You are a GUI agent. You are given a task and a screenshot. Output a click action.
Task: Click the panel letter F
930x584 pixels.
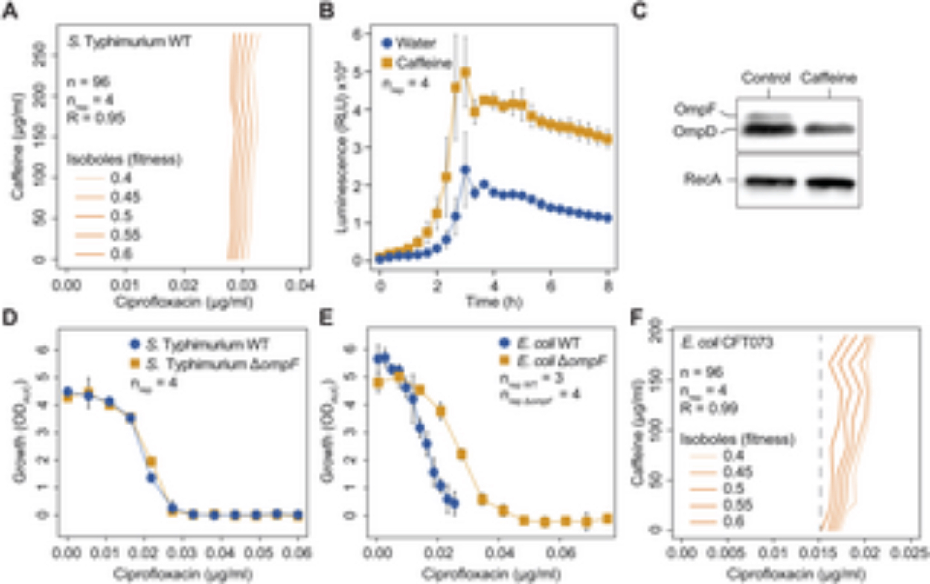click(x=636, y=318)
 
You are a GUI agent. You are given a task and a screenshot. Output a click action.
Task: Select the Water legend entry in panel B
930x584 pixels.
click(x=409, y=43)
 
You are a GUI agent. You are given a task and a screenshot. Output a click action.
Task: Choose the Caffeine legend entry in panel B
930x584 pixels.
click(x=417, y=63)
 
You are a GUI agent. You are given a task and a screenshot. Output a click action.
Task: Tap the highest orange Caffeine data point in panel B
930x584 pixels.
click(x=465, y=73)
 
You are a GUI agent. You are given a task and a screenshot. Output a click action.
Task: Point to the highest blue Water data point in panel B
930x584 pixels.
click(x=465, y=170)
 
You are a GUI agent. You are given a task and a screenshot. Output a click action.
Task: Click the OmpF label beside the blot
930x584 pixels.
click(x=694, y=110)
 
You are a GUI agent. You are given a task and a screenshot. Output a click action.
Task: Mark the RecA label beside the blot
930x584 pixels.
click(x=702, y=179)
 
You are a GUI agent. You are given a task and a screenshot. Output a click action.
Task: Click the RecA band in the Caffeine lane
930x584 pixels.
click(x=830, y=183)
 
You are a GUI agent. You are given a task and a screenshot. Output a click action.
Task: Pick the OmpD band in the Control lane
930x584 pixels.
click(x=768, y=129)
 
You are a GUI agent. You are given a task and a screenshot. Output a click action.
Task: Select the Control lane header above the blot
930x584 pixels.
click(x=765, y=78)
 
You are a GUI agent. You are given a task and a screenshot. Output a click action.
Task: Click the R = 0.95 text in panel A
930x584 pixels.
click(x=96, y=118)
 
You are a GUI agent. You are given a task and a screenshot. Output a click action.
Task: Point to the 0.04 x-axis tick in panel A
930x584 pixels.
click(x=300, y=285)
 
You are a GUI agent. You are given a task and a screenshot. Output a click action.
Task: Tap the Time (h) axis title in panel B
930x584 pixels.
click(x=494, y=302)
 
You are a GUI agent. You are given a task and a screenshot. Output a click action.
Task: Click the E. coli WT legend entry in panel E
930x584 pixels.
click(x=542, y=344)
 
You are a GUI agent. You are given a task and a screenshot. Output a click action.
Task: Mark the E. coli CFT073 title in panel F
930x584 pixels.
click(x=726, y=343)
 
